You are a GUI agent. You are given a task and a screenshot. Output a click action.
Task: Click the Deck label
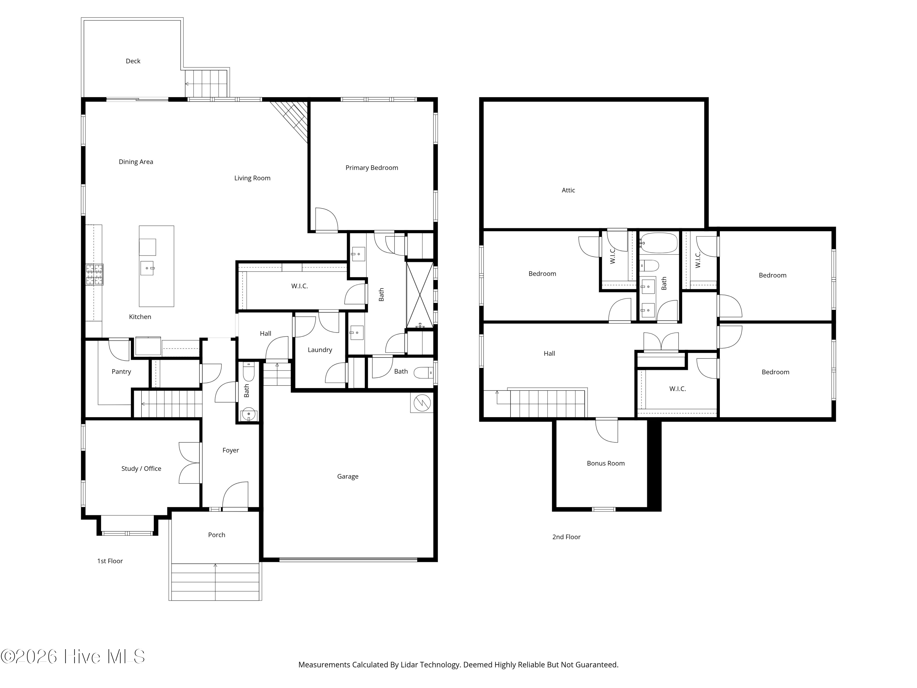tap(133, 61)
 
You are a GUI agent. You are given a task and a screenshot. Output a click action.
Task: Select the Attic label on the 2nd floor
tap(568, 190)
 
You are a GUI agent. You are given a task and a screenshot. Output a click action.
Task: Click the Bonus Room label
tap(606, 463)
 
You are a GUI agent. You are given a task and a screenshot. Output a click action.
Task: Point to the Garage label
tap(348, 476)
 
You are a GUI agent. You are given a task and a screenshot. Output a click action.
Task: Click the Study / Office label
tap(141, 469)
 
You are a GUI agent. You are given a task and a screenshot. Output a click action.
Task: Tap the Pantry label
tap(121, 372)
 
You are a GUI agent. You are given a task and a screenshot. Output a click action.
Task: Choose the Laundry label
tap(320, 350)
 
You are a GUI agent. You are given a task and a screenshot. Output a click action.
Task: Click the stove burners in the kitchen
tap(94, 275)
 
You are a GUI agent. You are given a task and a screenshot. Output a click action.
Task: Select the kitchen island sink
tap(147, 268)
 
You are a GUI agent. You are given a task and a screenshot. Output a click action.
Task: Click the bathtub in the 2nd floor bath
tap(658, 243)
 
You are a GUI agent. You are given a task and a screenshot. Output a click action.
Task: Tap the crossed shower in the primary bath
tap(420, 295)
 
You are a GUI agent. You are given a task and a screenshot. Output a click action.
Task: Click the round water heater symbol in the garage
tap(422, 403)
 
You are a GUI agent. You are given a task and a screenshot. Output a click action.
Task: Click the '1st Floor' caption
tap(110, 561)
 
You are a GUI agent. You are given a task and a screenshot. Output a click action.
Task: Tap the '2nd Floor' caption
tap(566, 537)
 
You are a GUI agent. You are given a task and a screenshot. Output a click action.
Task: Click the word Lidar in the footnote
tap(409, 665)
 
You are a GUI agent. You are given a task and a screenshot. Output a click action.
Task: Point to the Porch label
tap(217, 535)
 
